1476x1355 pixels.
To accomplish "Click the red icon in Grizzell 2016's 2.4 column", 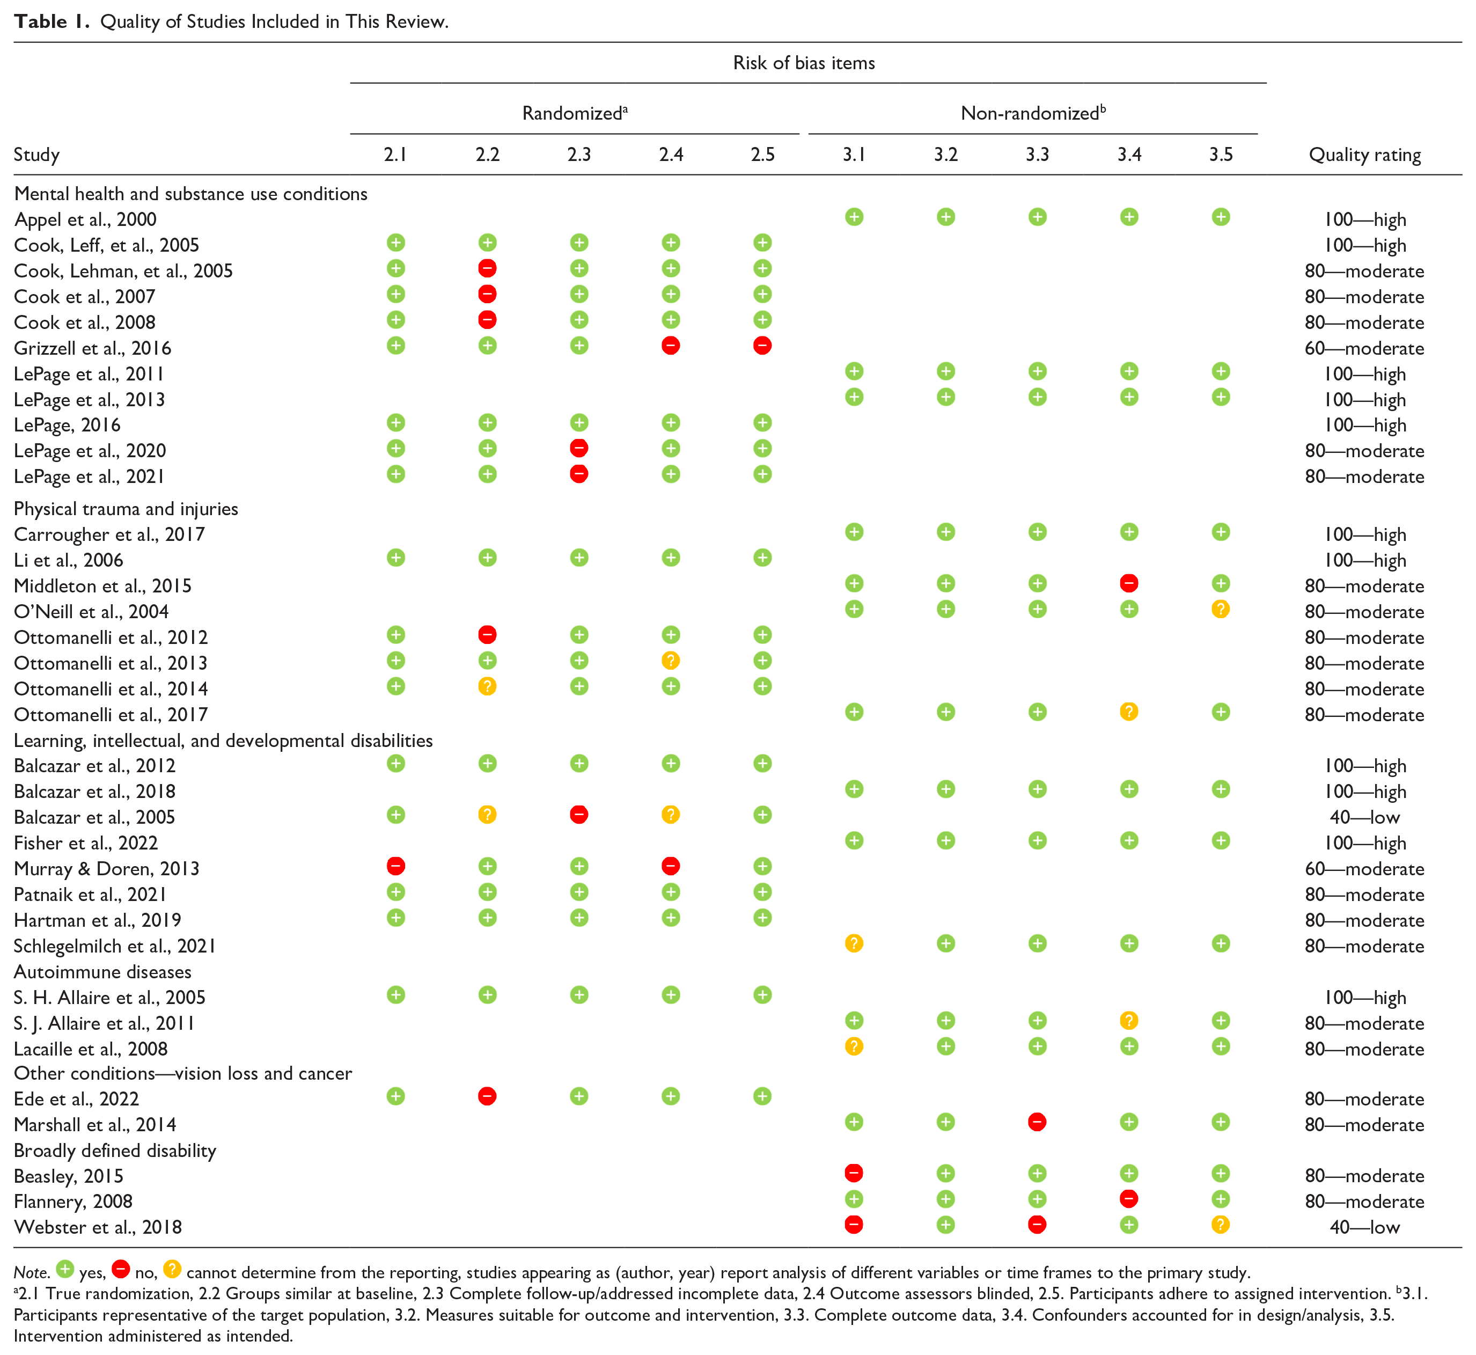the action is click(x=670, y=346).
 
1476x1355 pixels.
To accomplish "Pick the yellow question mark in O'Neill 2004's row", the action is click(x=1220, y=609).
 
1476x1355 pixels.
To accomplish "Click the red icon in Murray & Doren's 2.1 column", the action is click(x=395, y=866).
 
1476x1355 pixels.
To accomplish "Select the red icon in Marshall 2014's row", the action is click(x=1037, y=1123).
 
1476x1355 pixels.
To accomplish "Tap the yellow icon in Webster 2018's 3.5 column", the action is click(x=1220, y=1225).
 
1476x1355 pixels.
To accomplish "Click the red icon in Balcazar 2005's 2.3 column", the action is click(x=578, y=815).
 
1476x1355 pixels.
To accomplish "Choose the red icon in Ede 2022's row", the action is click(x=487, y=1096).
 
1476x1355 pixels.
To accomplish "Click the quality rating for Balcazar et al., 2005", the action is click(x=1364, y=817).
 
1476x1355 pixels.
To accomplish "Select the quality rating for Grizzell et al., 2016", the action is click(x=1364, y=348).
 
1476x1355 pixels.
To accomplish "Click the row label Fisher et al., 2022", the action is click(x=86, y=843).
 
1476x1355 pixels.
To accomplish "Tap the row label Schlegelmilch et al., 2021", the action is click(x=115, y=946).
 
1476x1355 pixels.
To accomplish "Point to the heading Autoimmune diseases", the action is click(x=102, y=971).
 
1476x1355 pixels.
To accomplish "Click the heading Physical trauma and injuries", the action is click(x=126, y=509).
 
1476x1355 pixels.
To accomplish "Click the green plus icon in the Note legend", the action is click(x=65, y=1269).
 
